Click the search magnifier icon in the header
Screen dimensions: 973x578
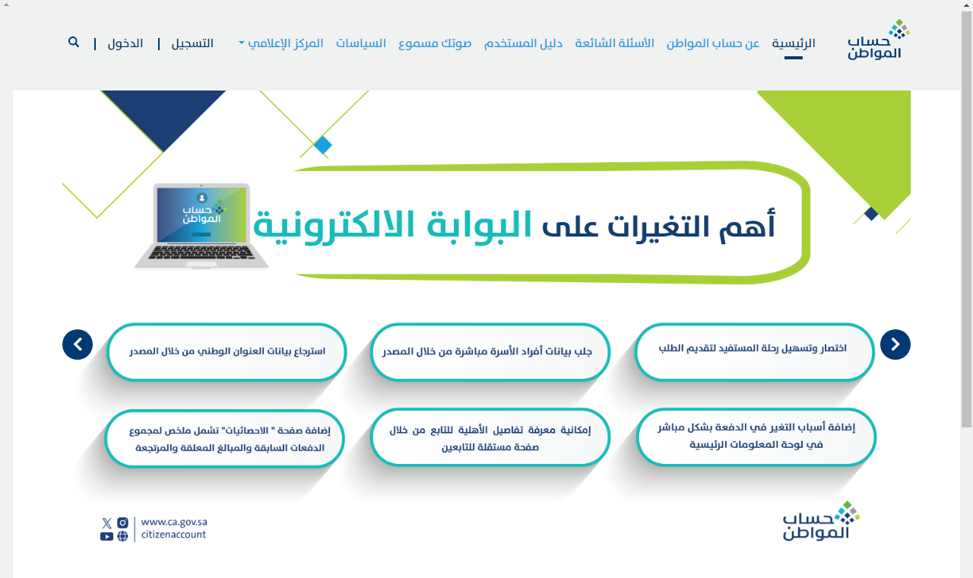tap(74, 42)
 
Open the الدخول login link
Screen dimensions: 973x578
tap(125, 43)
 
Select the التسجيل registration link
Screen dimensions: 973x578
tap(192, 43)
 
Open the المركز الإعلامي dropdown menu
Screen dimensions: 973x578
tap(281, 43)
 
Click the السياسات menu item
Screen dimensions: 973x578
tap(361, 43)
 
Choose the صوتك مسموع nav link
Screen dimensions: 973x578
tap(435, 43)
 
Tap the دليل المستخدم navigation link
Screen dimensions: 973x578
tap(523, 43)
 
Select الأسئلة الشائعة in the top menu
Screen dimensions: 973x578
tap(614, 43)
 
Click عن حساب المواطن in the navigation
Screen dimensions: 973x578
tap(713, 43)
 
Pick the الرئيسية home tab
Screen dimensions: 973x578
tap(794, 43)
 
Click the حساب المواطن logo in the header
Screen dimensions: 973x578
tap(878, 40)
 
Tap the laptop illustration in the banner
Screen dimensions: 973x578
tap(201, 226)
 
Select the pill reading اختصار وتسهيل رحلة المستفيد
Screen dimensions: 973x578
tap(754, 351)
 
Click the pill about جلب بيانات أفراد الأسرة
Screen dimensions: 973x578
tap(490, 351)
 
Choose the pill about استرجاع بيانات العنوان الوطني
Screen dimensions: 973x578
tap(227, 351)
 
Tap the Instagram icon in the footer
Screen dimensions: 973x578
tap(123, 522)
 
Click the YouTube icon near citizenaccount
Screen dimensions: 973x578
tap(106, 537)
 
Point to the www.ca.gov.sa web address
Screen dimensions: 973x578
tap(174, 522)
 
